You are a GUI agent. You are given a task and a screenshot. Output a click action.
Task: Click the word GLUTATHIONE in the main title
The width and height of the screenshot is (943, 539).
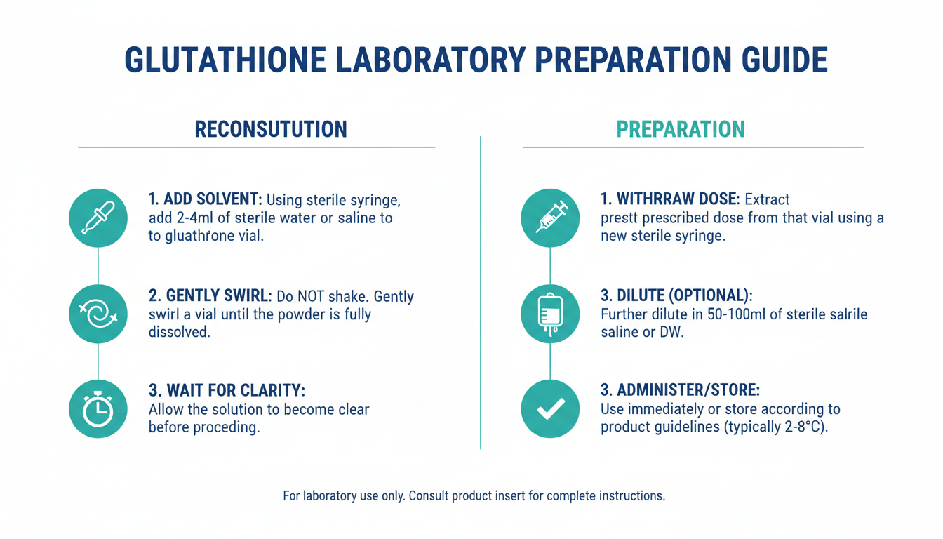(x=226, y=60)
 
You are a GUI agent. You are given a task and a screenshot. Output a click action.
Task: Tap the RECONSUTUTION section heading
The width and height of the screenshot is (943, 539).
(x=271, y=129)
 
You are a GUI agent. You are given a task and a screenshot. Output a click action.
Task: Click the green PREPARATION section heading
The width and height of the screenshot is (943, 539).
(x=681, y=129)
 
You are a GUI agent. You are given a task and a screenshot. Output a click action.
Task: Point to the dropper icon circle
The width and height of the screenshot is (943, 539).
(x=98, y=218)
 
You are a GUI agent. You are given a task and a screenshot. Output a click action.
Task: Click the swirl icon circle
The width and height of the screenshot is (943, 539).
(x=98, y=314)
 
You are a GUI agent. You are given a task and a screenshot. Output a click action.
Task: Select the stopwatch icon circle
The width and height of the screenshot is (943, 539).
(x=98, y=409)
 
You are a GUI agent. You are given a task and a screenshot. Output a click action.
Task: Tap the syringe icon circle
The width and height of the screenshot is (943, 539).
(x=550, y=218)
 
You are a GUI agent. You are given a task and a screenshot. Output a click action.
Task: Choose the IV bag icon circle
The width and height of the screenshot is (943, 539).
(x=550, y=314)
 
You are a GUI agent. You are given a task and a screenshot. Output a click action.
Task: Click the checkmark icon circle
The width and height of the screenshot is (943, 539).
(x=550, y=409)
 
